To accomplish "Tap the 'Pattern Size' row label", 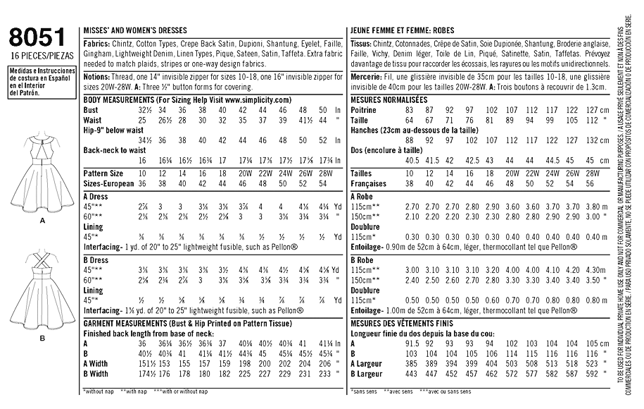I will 103,172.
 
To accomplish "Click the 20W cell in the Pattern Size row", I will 242,172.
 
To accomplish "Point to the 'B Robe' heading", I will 362,260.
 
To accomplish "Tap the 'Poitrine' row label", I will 365,111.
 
